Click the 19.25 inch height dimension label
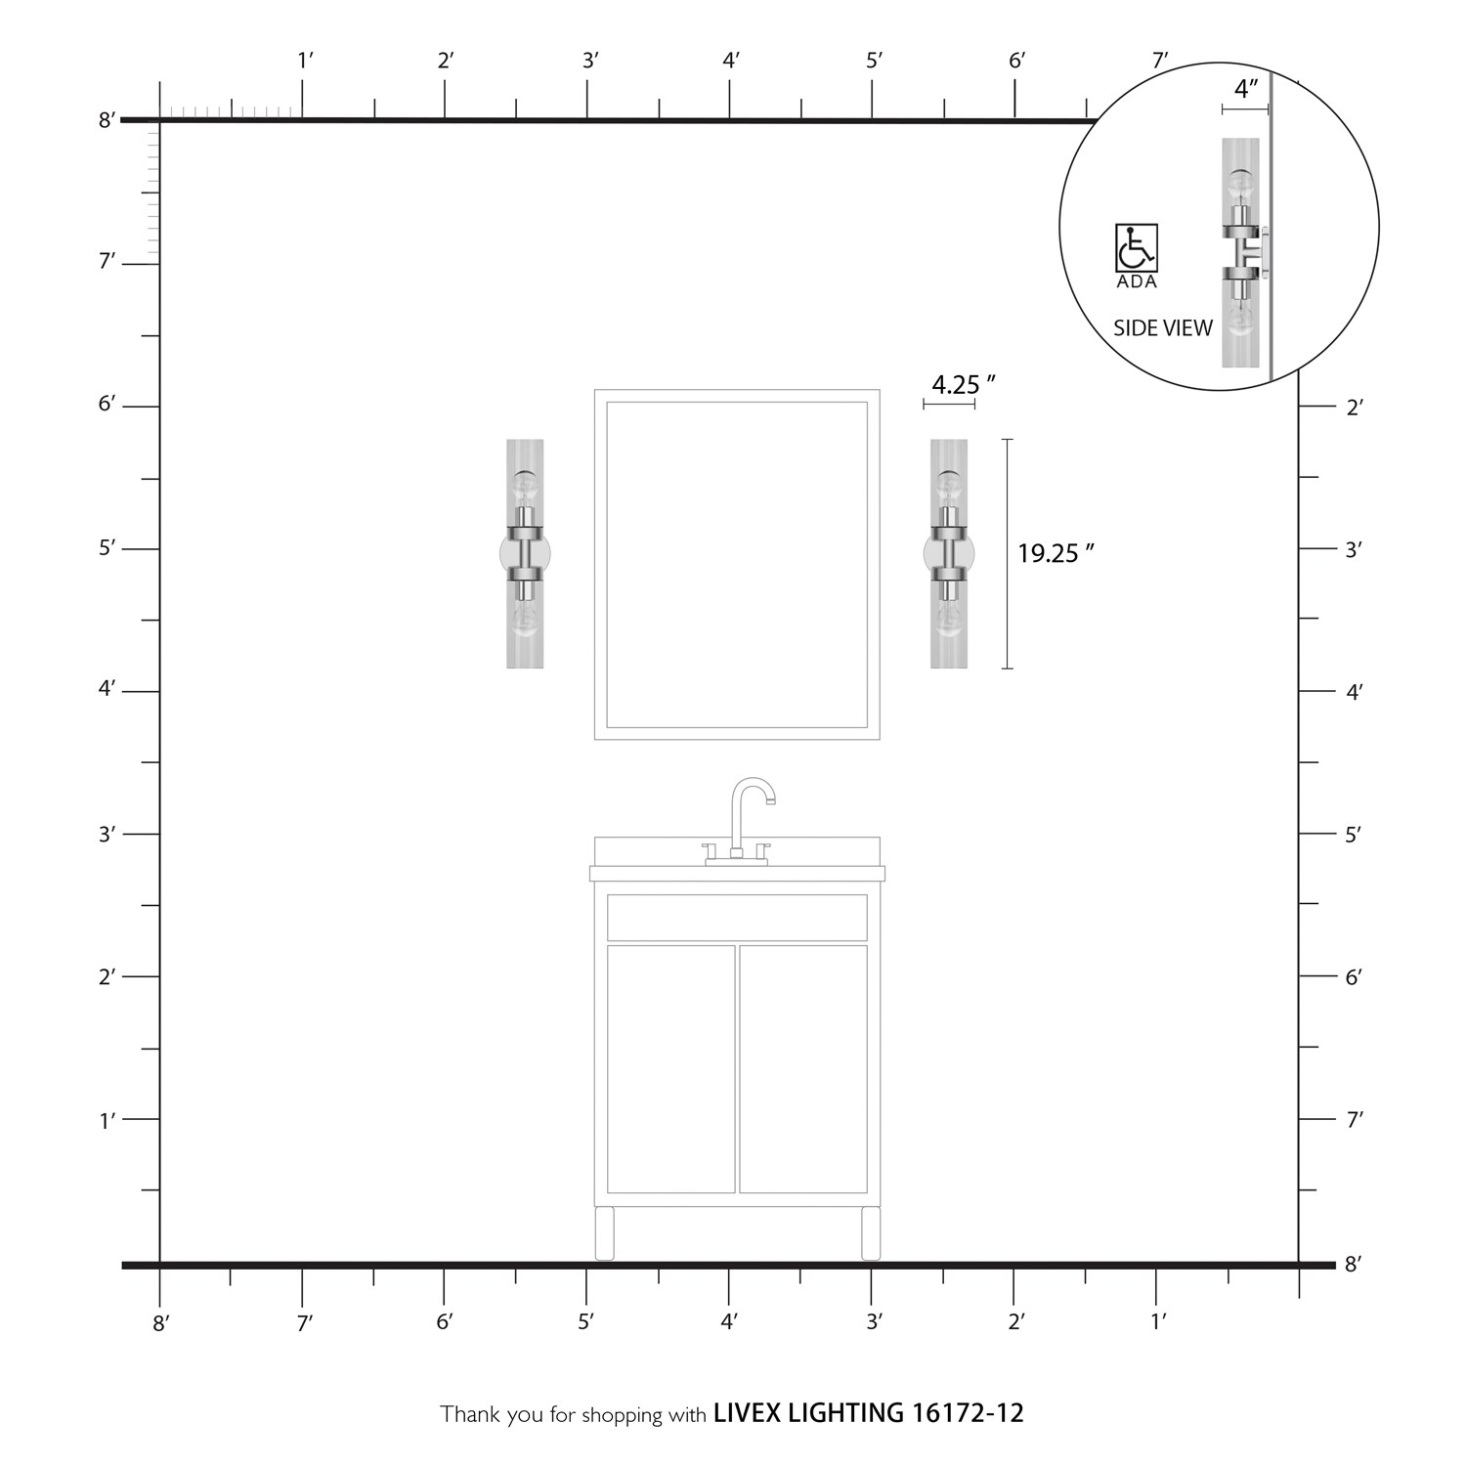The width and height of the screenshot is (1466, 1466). pyautogui.click(x=1055, y=553)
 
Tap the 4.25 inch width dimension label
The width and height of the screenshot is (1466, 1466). pyautogui.click(x=963, y=385)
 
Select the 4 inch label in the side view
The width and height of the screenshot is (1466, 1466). pyautogui.click(x=1245, y=89)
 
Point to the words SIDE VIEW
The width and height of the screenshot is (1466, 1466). pyautogui.click(x=1163, y=328)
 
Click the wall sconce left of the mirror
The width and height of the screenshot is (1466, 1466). pyautogui.click(x=525, y=554)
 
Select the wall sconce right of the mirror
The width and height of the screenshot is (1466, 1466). pyautogui.click(x=949, y=554)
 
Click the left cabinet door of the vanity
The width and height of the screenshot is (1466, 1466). pyautogui.click(x=670, y=1069)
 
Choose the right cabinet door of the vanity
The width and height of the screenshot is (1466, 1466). pyautogui.click(x=803, y=1069)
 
